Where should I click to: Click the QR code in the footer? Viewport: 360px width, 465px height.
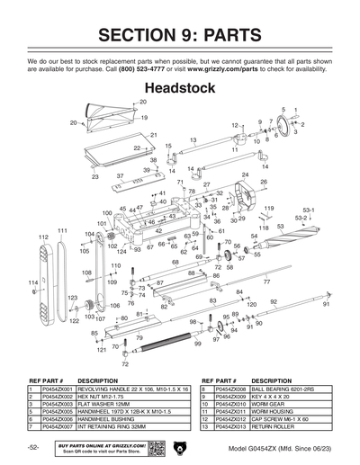click(156, 447)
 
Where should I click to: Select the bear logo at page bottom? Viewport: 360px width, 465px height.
click(180, 447)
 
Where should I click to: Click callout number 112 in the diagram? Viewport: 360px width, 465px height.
click(42, 237)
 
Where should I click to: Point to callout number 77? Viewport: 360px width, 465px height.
click(266, 282)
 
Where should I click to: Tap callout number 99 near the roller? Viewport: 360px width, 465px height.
click(197, 344)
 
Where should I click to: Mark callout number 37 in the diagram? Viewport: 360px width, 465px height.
click(119, 176)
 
